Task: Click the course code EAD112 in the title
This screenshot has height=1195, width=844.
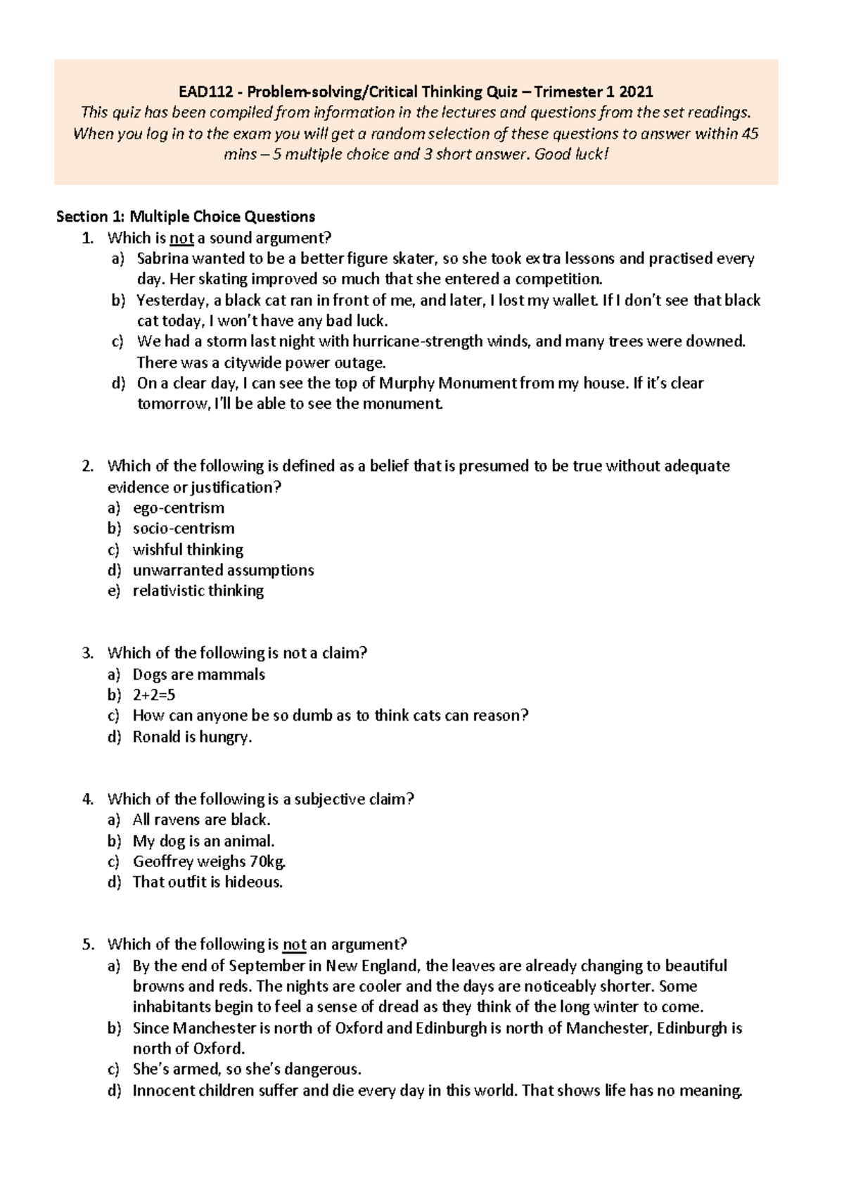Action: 201,91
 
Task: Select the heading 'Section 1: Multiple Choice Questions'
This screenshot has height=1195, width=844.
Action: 186,217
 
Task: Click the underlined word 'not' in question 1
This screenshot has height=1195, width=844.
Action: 182,238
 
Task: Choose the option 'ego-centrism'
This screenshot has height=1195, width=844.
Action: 179,508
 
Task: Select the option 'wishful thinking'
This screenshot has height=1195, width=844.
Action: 188,550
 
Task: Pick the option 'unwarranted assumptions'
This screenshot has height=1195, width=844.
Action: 223,570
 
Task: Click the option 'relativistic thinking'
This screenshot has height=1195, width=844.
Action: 198,591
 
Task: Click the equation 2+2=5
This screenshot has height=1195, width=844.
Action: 154,695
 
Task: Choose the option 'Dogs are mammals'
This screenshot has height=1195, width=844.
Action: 199,674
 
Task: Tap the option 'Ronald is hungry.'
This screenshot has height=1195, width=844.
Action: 192,737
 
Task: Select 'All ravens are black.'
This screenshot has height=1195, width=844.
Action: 202,820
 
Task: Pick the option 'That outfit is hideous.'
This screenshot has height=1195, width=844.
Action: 207,883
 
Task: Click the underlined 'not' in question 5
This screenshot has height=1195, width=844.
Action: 294,944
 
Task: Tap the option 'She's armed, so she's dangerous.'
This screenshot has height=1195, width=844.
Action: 247,1070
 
